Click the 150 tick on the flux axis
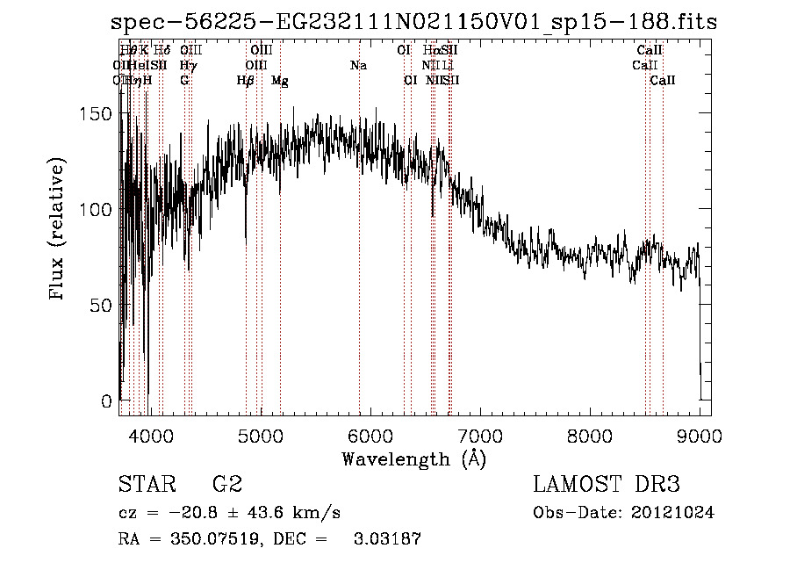pyautogui.click(x=101, y=114)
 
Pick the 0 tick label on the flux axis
pyautogui.click(x=107, y=401)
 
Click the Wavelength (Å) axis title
pyautogui.click(x=413, y=458)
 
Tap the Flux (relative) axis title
pyautogui.click(x=59, y=231)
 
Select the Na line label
pyautogui.click(x=358, y=66)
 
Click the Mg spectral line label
pyautogui.click(x=280, y=81)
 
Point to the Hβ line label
pyautogui.click(x=245, y=81)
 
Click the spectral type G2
pyautogui.click(x=226, y=485)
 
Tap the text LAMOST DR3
pyautogui.click(x=606, y=485)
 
